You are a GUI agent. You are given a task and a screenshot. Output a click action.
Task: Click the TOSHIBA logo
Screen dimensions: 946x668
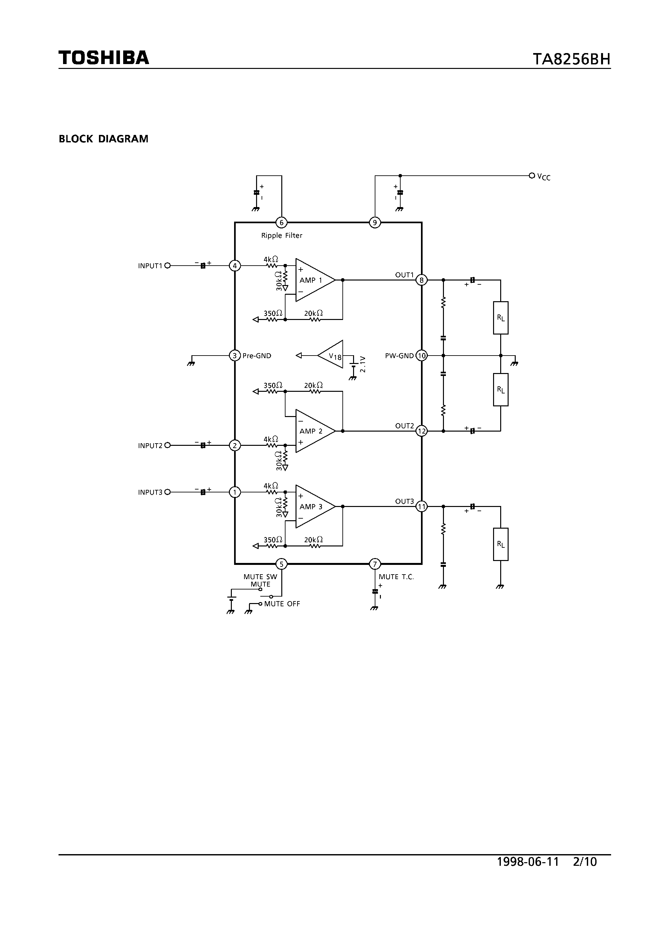(x=103, y=58)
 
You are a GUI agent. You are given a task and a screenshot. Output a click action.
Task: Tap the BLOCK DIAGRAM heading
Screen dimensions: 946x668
(x=103, y=139)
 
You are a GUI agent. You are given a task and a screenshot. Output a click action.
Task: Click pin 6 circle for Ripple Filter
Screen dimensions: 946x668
(x=281, y=223)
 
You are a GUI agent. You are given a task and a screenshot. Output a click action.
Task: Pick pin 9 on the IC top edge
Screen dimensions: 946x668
(x=375, y=223)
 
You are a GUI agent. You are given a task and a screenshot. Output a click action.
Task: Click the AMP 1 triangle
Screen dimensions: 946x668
(x=314, y=280)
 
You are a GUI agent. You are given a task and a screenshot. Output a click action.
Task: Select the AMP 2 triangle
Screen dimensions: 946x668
(x=314, y=431)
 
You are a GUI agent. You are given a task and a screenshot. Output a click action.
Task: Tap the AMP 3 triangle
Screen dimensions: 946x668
(x=314, y=506)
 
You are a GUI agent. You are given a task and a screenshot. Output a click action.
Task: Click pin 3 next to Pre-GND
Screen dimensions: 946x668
(x=235, y=356)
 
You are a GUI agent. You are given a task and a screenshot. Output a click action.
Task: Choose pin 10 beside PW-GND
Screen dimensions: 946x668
(x=422, y=356)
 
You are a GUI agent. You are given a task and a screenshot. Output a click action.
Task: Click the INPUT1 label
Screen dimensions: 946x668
(x=150, y=266)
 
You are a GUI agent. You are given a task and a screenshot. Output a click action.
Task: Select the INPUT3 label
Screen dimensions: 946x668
(x=150, y=492)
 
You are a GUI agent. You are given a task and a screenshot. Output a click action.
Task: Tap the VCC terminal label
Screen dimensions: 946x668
(x=544, y=177)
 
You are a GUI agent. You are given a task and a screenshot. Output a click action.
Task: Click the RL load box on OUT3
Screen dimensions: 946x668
(x=501, y=544)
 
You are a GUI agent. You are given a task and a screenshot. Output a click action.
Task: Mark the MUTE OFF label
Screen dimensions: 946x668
(x=282, y=604)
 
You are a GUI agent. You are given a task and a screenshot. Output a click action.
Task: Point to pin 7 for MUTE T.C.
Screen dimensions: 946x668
(x=375, y=564)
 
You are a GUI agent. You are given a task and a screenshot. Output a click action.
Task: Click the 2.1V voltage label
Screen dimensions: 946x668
(x=362, y=364)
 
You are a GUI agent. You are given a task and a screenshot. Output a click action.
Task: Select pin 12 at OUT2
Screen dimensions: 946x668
(x=422, y=431)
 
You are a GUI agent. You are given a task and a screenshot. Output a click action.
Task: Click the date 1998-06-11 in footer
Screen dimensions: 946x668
(x=528, y=862)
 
